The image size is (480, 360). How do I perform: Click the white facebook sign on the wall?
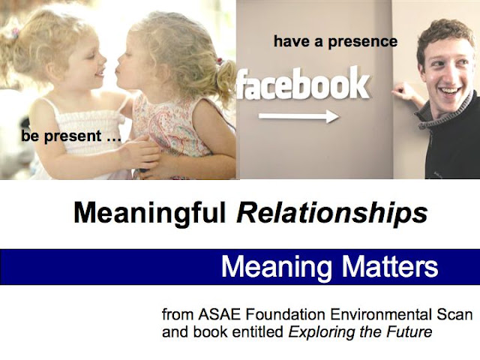[x=303, y=83]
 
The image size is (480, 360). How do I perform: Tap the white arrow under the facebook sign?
[x=298, y=116]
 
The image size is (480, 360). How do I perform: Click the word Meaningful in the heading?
[x=150, y=213]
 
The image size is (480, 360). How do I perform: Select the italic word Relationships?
[x=332, y=213]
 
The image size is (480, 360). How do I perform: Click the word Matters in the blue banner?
[x=390, y=267]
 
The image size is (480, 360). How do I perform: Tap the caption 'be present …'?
[x=71, y=136]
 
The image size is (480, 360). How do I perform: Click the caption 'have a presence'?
[x=335, y=42]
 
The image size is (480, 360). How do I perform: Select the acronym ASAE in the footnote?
[x=219, y=314]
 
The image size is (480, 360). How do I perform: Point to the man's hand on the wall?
[x=403, y=92]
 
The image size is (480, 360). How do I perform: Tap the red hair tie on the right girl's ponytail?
[x=219, y=61]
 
